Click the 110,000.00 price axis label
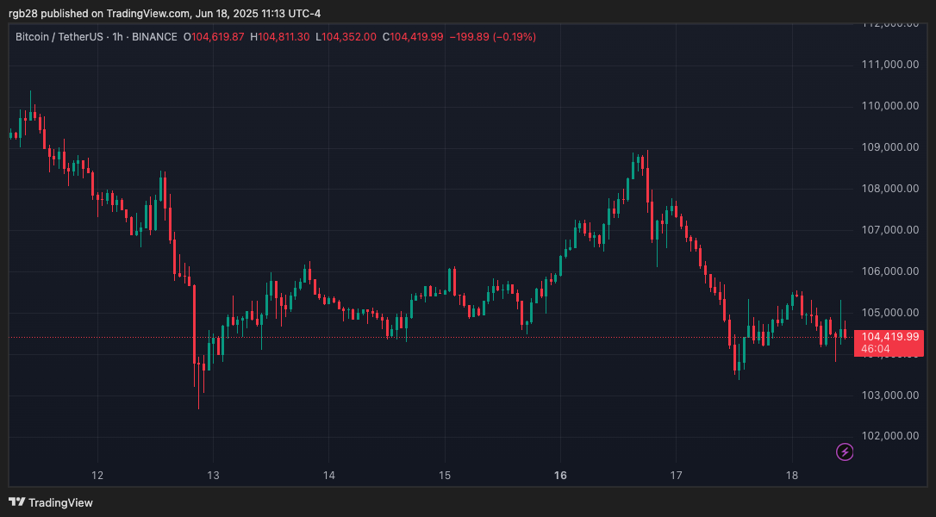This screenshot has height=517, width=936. [x=890, y=106]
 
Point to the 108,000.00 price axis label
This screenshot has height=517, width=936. [x=890, y=189]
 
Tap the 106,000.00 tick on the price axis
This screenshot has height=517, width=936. [x=890, y=271]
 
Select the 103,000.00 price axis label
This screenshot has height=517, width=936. [x=890, y=396]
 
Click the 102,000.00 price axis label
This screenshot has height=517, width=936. [x=890, y=436]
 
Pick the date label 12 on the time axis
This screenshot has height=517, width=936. [x=97, y=475]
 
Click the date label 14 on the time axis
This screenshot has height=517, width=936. [x=328, y=475]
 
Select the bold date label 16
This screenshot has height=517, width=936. [x=560, y=475]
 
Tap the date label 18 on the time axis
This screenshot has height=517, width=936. [x=791, y=475]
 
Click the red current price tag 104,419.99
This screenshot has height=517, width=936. [x=889, y=337]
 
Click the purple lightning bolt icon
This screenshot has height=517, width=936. [x=845, y=452]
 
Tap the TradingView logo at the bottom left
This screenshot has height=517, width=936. [x=51, y=502]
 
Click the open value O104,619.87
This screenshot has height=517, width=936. [x=215, y=37]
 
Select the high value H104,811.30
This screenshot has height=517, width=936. [x=282, y=37]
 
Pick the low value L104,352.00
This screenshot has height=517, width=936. [x=346, y=37]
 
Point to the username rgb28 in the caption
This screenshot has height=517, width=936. [x=25, y=13]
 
